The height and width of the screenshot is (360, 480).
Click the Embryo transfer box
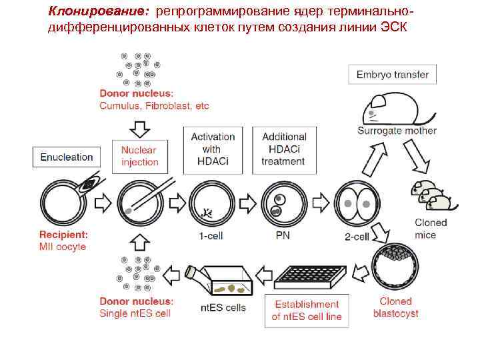coord(393,74)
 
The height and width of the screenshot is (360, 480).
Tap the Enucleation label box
coord(67,157)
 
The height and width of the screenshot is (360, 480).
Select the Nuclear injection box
coord(140,156)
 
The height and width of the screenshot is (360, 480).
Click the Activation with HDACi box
coord(211,149)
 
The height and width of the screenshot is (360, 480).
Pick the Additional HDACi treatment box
coord(284,149)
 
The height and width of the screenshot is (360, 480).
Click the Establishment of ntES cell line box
coord(306,310)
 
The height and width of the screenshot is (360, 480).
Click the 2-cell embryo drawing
coord(355,202)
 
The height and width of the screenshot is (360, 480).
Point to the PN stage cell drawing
coord(283,202)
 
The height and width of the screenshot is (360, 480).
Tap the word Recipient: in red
coord(63,235)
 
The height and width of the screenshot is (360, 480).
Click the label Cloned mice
coord(431,229)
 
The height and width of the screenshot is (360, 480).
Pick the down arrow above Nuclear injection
coord(140,126)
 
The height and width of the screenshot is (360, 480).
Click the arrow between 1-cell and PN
coord(246,202)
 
